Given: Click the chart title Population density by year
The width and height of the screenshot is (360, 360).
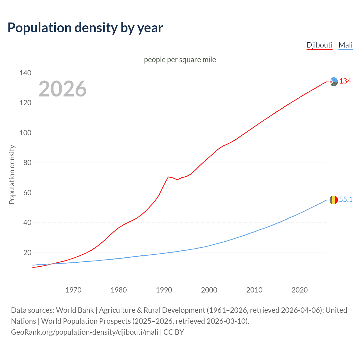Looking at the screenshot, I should click(85, 28).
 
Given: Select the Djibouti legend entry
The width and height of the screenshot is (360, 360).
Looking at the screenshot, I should click(319, 45).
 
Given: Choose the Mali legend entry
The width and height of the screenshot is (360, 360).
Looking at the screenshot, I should click(345, 45).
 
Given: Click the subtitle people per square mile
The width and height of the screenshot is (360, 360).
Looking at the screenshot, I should click(180, 60).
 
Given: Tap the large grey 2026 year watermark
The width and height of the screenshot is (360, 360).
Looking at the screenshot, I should click(62, 89).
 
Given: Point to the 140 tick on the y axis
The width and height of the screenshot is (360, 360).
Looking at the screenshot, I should click(25, 73).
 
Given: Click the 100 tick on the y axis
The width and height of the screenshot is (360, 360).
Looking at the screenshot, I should click(25, 133).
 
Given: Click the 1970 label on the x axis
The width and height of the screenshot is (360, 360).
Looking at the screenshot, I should click(73, 290).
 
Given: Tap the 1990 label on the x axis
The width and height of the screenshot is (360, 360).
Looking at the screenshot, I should click(164, 290).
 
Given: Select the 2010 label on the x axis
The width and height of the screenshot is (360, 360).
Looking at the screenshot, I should click(254, 290).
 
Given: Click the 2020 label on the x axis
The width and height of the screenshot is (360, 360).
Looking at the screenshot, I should click(300, 290).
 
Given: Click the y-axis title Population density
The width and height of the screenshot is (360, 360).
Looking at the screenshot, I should click(12, 174).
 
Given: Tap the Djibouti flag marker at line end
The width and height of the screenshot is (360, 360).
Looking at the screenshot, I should click(334, 82).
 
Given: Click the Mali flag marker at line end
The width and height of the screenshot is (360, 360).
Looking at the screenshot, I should click(334, 200).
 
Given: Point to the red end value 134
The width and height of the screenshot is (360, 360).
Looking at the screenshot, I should click(345, 81).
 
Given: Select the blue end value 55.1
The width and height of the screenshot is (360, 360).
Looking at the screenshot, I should click(346, 199).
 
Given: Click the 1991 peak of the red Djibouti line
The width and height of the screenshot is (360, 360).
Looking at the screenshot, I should click(168, 177).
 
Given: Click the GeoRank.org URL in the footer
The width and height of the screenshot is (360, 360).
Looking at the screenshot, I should click(84, 332).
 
